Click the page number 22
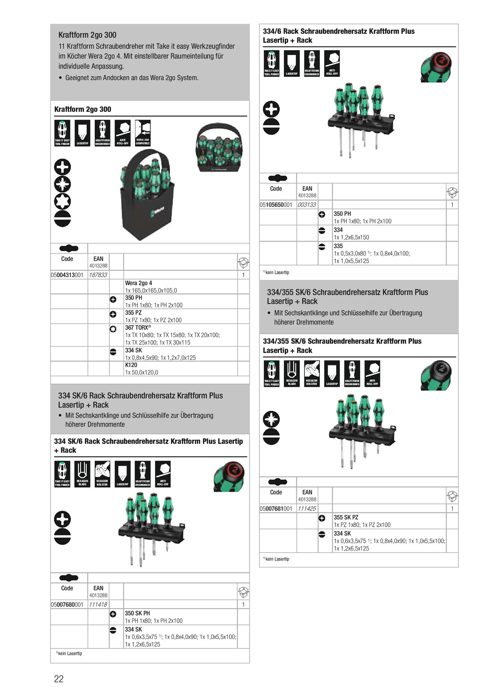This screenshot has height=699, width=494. [x=59, y=678]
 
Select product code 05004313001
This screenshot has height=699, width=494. [x=67, y=275]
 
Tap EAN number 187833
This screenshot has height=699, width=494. [x=98, y=275]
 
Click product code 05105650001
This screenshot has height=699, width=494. [x=276, y=205]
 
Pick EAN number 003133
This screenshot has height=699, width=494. [x=307, y=205]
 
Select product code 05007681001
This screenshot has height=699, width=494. [x=276, y=509]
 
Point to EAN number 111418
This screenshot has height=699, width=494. [x=98, y=604]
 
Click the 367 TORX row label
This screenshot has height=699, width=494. [x=138, y=328]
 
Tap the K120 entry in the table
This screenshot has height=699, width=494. [x=131, y=365]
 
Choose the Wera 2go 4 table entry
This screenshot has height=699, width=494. [x=139, y=283]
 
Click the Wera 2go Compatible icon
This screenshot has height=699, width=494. [x=143, y=133]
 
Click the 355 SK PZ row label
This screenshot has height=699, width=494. [x=346, y=517]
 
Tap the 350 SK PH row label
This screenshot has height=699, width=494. [x=137, y=613]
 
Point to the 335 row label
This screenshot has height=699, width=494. [x=338, y=246]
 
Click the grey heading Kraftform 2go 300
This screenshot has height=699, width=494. [x=87, y=35]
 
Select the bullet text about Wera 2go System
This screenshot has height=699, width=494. [x=132, y=78]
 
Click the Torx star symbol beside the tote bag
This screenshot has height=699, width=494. [x=63, y=201]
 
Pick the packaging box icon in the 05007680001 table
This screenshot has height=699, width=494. [x=243, y=592]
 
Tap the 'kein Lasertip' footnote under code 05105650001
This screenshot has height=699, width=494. [x=277, y=272]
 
